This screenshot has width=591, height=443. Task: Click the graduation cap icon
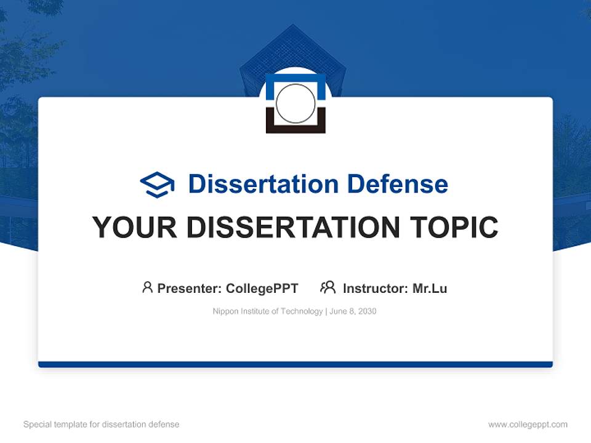pos(157,185)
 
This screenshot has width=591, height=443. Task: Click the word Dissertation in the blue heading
pos(263,184)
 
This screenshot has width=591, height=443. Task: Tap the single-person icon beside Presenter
pos(147,287)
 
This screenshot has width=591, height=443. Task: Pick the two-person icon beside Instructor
pos(328,287)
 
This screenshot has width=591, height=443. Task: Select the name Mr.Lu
pos(430,289)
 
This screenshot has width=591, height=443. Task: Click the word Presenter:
pos(190,289)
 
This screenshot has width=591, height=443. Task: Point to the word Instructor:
pos(376,289)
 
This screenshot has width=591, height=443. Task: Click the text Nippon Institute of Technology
pos(267,311)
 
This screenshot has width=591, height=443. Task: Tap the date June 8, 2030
pos(353,311)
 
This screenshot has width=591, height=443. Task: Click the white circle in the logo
pos(295,103)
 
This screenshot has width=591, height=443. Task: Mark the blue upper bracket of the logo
pos(295,78)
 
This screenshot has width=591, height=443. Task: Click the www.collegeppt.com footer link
pos(528,425)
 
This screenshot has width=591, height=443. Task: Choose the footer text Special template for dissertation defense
pos(101,425)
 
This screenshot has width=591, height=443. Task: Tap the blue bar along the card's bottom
pos(295,364)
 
